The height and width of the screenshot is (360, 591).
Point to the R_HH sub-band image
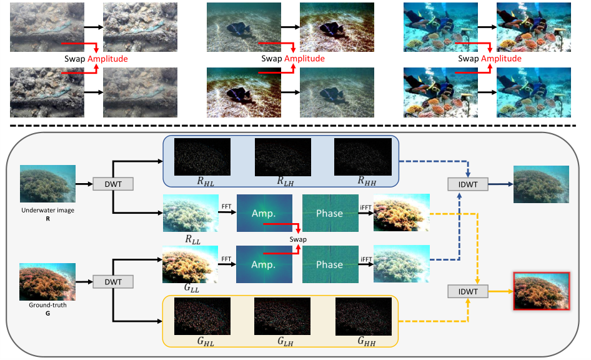[x=363, y=156]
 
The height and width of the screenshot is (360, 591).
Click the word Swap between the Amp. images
[x=297, y=239]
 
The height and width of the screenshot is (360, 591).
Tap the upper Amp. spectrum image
[x=264, y=213]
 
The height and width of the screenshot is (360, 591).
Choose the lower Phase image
[x=329, y=264]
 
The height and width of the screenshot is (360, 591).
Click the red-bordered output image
[x=540, y=291]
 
